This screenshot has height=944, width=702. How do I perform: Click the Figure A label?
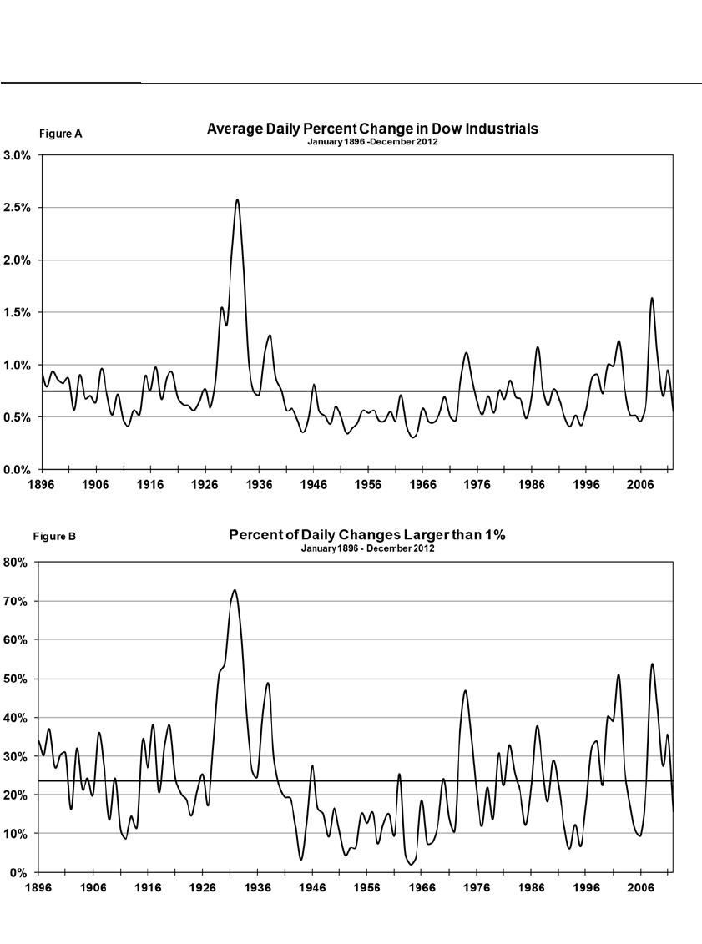click(61, 134)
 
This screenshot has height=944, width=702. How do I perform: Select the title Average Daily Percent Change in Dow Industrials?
click(372, 129)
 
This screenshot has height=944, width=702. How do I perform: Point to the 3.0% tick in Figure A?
click(17, 155)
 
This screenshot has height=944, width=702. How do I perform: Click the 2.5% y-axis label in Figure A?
click(17, 208)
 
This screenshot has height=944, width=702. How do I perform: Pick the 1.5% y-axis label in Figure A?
click(17, 313)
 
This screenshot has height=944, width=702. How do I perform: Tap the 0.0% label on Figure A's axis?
click(17, 470)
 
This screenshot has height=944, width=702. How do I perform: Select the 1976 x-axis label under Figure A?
click(478, 483)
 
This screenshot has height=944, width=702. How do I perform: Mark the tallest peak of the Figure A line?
click(237, 199)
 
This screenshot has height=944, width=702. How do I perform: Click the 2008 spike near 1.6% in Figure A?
click(652, 298)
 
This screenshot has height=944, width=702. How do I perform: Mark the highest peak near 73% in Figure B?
click(235, 590)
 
